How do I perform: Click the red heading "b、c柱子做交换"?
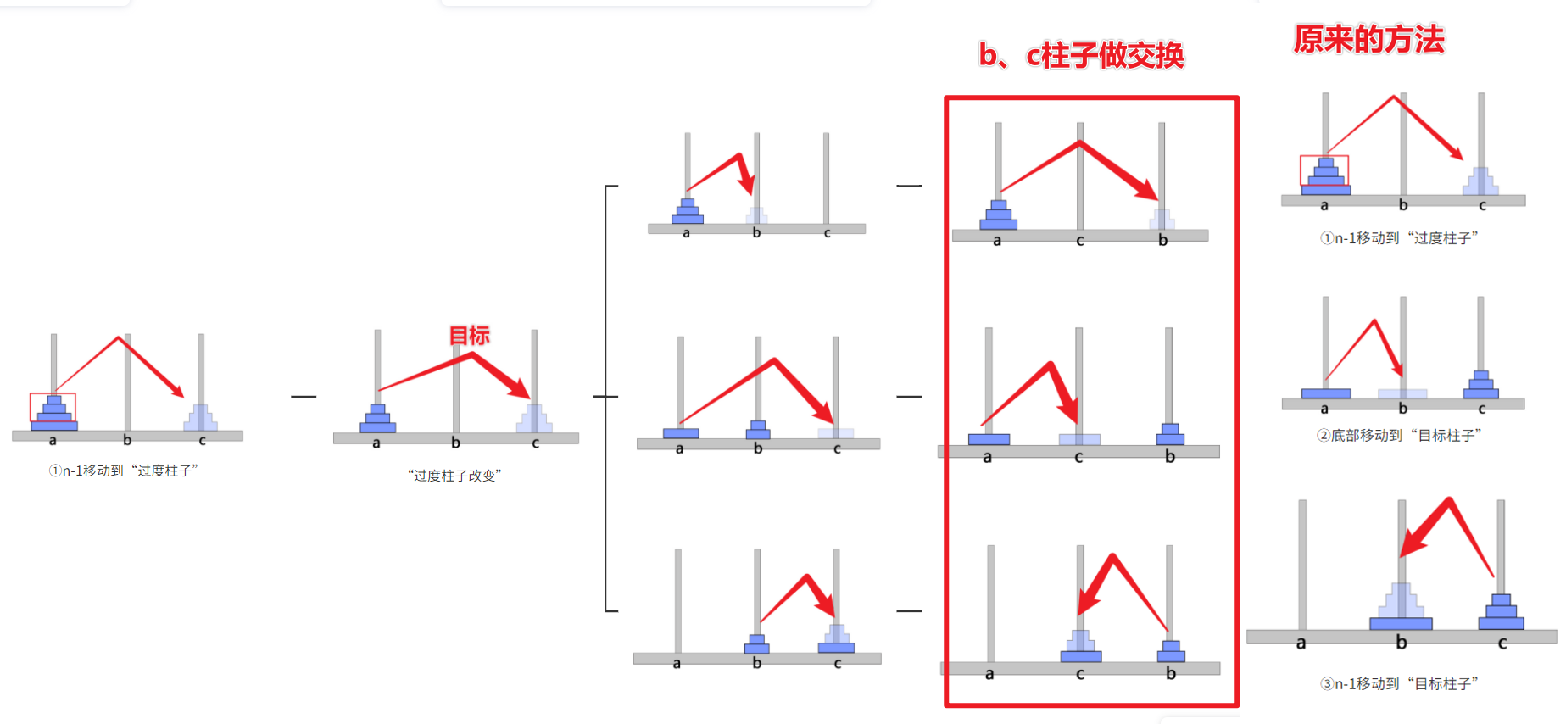pos(1081,56)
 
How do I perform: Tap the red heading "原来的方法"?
pos(1368,40)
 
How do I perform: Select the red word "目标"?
pos(469,336)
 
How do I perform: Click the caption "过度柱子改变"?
pos(454,476)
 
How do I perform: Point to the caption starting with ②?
pos(1399,436)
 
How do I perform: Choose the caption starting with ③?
pos(1399,683)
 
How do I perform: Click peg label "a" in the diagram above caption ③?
pos(1301,643)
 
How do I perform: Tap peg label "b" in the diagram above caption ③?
pos(1402,643)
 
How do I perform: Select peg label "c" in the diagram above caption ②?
pos(1481,409)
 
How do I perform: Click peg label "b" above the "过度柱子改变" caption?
pos(455,443)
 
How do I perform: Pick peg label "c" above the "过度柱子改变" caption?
pos(535,443)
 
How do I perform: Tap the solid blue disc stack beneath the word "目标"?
pos(378,420)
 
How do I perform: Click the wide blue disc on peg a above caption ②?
pos(1326,393)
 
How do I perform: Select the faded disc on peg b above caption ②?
pos(1402,393)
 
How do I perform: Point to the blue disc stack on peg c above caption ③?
pos(1501,613)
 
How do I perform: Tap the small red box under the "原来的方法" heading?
pos(1324,170)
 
